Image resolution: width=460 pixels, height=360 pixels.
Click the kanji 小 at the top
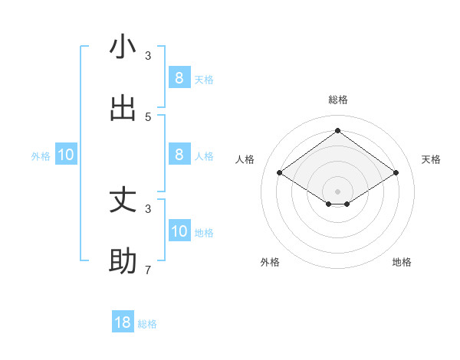click(x=123, y=47)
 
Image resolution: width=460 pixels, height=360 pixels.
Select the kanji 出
click(x=123, y=108)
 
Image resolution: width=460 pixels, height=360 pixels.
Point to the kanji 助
click(x=123, y=261)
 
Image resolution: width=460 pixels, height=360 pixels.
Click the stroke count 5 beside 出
click(x=148, y=116)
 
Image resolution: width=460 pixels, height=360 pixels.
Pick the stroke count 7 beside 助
click(x=148, y=270)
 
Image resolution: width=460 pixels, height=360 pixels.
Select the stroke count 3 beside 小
click(x=148, y=55)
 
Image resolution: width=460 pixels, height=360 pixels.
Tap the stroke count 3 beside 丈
click(x=148, y=208)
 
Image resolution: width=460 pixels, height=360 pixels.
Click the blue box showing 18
click(x=123, y=322)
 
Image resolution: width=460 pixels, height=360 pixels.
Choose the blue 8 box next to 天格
click(x=179, y=77)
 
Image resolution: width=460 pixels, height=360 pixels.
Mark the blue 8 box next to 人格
click(x=179, y=154)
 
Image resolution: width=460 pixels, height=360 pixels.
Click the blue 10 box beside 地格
click(x=179, y=231)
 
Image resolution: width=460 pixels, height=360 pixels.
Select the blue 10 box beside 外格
click(x=66, y=155)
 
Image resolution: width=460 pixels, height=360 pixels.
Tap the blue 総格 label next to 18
click(x=147, y=324)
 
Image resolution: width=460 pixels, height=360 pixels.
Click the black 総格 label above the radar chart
click(x=337, y=100)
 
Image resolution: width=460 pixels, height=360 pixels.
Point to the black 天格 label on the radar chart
click(x=431, y=159)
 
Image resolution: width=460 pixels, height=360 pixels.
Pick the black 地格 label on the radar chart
click(x=402, y=262)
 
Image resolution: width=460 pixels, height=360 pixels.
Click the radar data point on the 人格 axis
click(x=280, y=173)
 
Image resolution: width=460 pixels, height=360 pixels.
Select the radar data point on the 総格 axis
click(x=337, y=130)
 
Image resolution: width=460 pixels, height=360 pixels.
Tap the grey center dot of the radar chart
click(x=337, y=191)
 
